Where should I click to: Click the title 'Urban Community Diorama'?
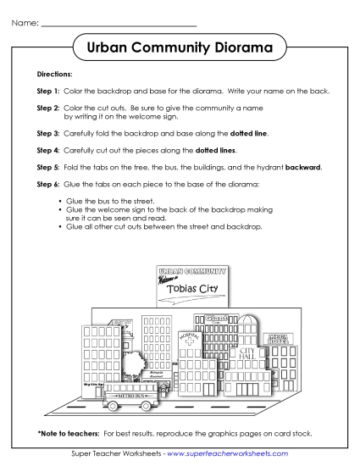point(179,48)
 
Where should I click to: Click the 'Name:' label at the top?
point(25,22)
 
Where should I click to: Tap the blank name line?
point(119,24)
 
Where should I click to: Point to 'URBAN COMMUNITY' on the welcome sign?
point(192,271)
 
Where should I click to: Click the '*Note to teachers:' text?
point(64,434)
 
